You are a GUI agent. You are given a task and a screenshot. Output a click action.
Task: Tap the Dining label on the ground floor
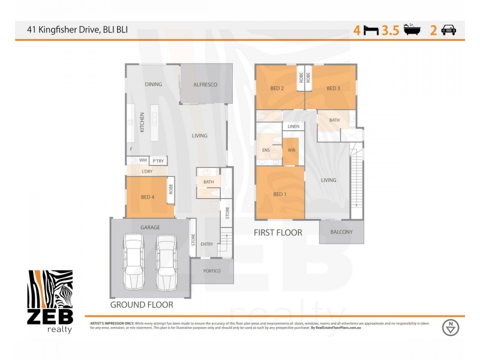154,85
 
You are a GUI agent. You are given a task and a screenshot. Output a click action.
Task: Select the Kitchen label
142,122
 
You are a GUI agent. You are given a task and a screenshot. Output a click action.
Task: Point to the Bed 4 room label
147,197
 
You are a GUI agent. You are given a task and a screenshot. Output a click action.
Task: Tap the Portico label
212,271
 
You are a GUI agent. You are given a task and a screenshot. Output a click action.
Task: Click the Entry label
206,244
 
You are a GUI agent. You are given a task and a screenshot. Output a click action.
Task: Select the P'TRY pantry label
158,161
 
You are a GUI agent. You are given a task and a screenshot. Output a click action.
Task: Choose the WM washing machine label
143,160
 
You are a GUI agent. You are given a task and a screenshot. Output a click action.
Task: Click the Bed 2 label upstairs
277,89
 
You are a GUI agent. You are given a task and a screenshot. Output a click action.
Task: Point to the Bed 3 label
334,89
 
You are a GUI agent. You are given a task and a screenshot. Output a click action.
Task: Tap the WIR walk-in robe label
292,150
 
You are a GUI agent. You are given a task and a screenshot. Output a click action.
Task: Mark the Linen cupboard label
293,127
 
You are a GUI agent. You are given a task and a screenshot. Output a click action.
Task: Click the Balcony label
341,232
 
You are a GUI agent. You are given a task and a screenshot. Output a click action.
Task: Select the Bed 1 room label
278,194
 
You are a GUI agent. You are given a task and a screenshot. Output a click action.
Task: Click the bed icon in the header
371,30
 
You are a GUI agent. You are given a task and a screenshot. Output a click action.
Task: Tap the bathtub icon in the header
412,29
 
